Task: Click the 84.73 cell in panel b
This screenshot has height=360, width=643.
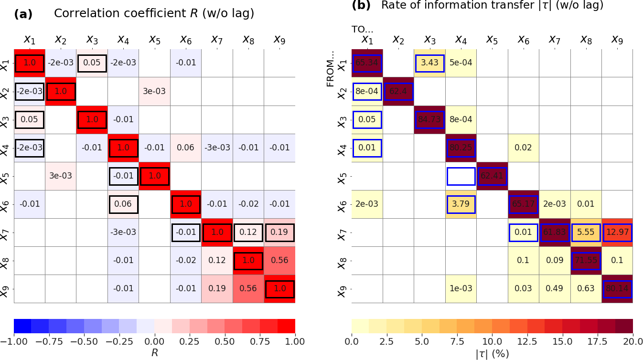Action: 429,119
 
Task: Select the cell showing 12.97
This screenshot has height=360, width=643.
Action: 617,233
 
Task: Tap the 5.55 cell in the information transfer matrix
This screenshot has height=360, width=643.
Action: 586,233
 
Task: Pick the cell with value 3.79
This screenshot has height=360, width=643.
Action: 461,204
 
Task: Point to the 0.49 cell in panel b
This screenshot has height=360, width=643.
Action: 555,289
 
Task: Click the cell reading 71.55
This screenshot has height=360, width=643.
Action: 586,261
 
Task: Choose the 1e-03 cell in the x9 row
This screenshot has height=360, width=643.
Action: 461,289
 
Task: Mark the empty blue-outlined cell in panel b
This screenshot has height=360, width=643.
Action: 461,176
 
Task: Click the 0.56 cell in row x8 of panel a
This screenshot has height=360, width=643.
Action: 279,261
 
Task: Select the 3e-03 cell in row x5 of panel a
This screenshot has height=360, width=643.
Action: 61,176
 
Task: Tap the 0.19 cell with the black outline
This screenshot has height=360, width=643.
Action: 279,233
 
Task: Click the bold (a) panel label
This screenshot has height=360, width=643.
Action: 23,14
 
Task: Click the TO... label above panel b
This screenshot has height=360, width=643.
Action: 363,29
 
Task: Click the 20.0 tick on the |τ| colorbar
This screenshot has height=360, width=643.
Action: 632,342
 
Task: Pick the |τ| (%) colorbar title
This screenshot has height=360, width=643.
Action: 492,354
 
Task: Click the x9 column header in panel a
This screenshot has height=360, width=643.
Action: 279,39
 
